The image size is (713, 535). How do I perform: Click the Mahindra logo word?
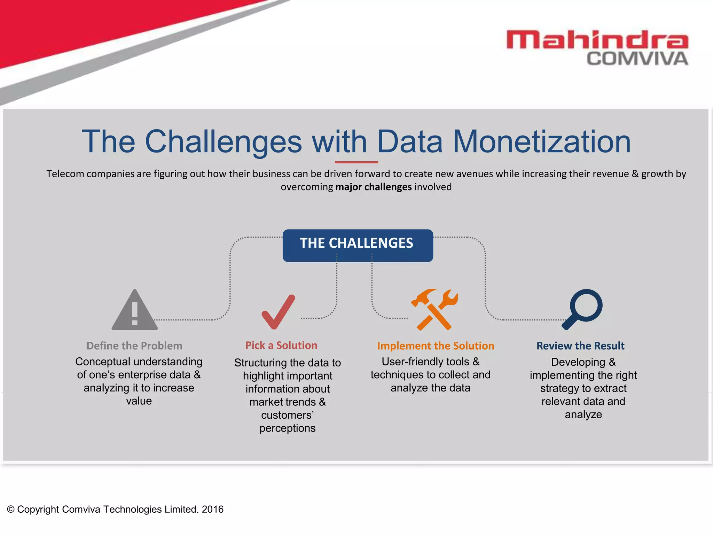pyautogui.click(x=597, y=39)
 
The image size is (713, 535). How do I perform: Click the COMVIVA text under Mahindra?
pyautogui.click(x=637, y=59)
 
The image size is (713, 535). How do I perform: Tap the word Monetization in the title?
pyautogui.click(x=541, y=142)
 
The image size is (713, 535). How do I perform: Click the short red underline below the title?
pyautogui.click(x=356, y=162)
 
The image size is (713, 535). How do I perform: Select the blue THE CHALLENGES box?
pyautogui.click(x=358, y=245)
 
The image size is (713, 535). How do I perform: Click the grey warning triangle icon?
pyautogui.click(x=135, y=311)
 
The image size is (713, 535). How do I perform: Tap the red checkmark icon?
pyautogui.click(x=278, y=312)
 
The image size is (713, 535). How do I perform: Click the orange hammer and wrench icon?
pyautogui.click(x=434, y=309)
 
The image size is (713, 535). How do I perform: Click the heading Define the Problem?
pyautogui.click(x=134, y=346)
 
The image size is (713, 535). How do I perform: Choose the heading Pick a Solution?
pyautogui.click(x=281, y=345)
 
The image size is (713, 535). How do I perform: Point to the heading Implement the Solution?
pyautogui.click(x=436, y=346)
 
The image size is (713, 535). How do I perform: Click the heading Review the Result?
pyautogui.click(x=580, y=346)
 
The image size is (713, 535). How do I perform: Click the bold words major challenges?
pyautogui.click(x=373, y=187)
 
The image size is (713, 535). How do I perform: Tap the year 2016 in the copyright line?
pyautogui.click(x=212, y=509)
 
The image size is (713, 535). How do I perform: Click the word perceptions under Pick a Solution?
pyautogui.click(x=287, y=428)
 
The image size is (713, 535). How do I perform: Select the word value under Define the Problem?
pyautogui.click(x=139, y=401)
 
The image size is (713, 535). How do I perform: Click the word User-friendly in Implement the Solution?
pyautogui.click(x=408, y=362)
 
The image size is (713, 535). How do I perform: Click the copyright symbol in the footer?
pyautogui.click(x=11, y=509)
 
